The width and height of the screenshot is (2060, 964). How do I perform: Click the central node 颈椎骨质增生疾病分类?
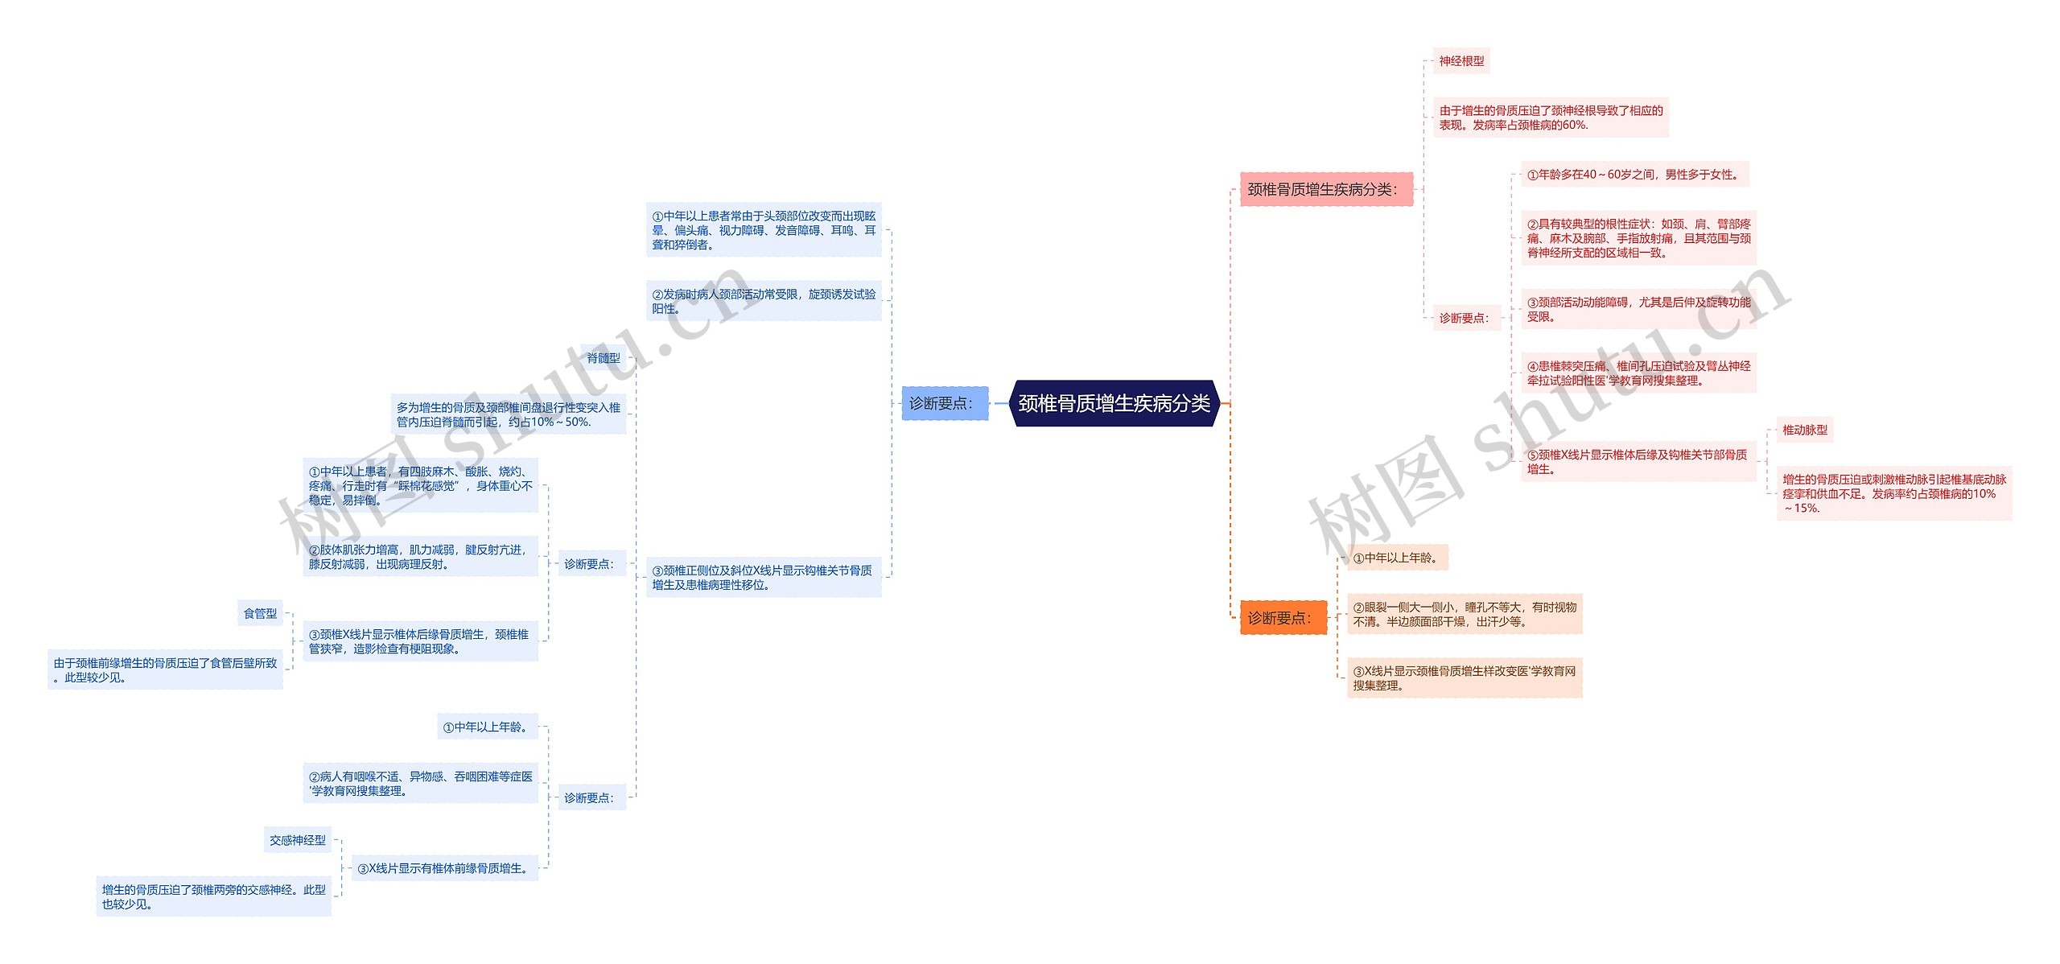coord(1114,403)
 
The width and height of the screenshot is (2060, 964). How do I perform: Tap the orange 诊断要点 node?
coord(1283,618)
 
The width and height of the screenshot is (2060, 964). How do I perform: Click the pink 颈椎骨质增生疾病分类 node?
coord(1325,189)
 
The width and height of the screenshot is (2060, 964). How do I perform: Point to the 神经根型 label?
coord(1461,61)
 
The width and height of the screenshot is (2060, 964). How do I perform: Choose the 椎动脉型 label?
coord(1804,431)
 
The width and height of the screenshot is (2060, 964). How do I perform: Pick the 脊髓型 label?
coord(604,358)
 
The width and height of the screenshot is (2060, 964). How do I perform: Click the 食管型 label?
coord(260,613)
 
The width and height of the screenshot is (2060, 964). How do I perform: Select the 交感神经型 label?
coord(298,840)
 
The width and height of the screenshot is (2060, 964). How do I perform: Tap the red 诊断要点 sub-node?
coord(1464,318)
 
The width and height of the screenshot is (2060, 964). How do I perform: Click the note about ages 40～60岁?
coord(1634,175)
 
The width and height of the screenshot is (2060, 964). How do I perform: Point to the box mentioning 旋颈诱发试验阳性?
coord(764,301)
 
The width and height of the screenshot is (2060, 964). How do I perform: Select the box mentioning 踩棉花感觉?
coord(420,485)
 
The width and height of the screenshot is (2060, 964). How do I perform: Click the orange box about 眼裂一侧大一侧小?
coord(1464,614)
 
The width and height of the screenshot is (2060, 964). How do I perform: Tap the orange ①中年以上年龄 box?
coord(1397,558)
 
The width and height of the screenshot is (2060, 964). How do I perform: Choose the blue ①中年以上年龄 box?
coord(487,727)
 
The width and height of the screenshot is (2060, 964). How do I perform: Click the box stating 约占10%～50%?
coord(508,414)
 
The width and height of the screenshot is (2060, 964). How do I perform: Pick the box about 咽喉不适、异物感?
coord(420,783)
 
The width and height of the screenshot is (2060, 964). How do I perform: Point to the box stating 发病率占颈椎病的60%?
coord(1550,117)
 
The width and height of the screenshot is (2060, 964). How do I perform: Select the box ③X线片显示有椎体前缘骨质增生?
coord(444,868)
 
